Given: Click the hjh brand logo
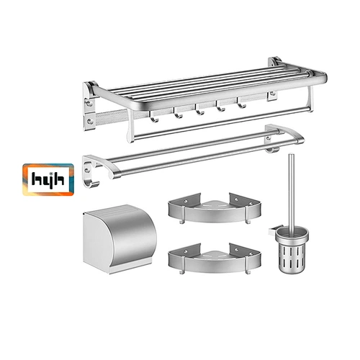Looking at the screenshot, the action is point(48,179).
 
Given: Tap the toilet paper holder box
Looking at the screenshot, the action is point(120,239).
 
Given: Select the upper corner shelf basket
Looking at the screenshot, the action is point(215,208).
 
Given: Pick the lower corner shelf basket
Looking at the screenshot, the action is point(215,258).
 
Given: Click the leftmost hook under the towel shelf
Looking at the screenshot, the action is point(154,117).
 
